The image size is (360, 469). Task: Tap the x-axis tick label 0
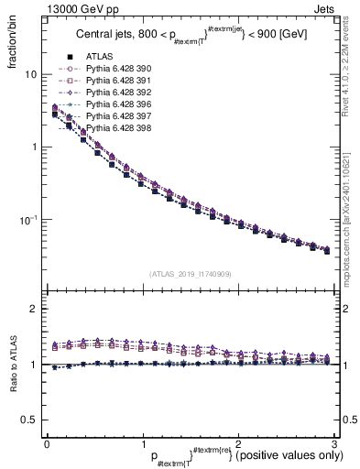(x=47, y=444)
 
